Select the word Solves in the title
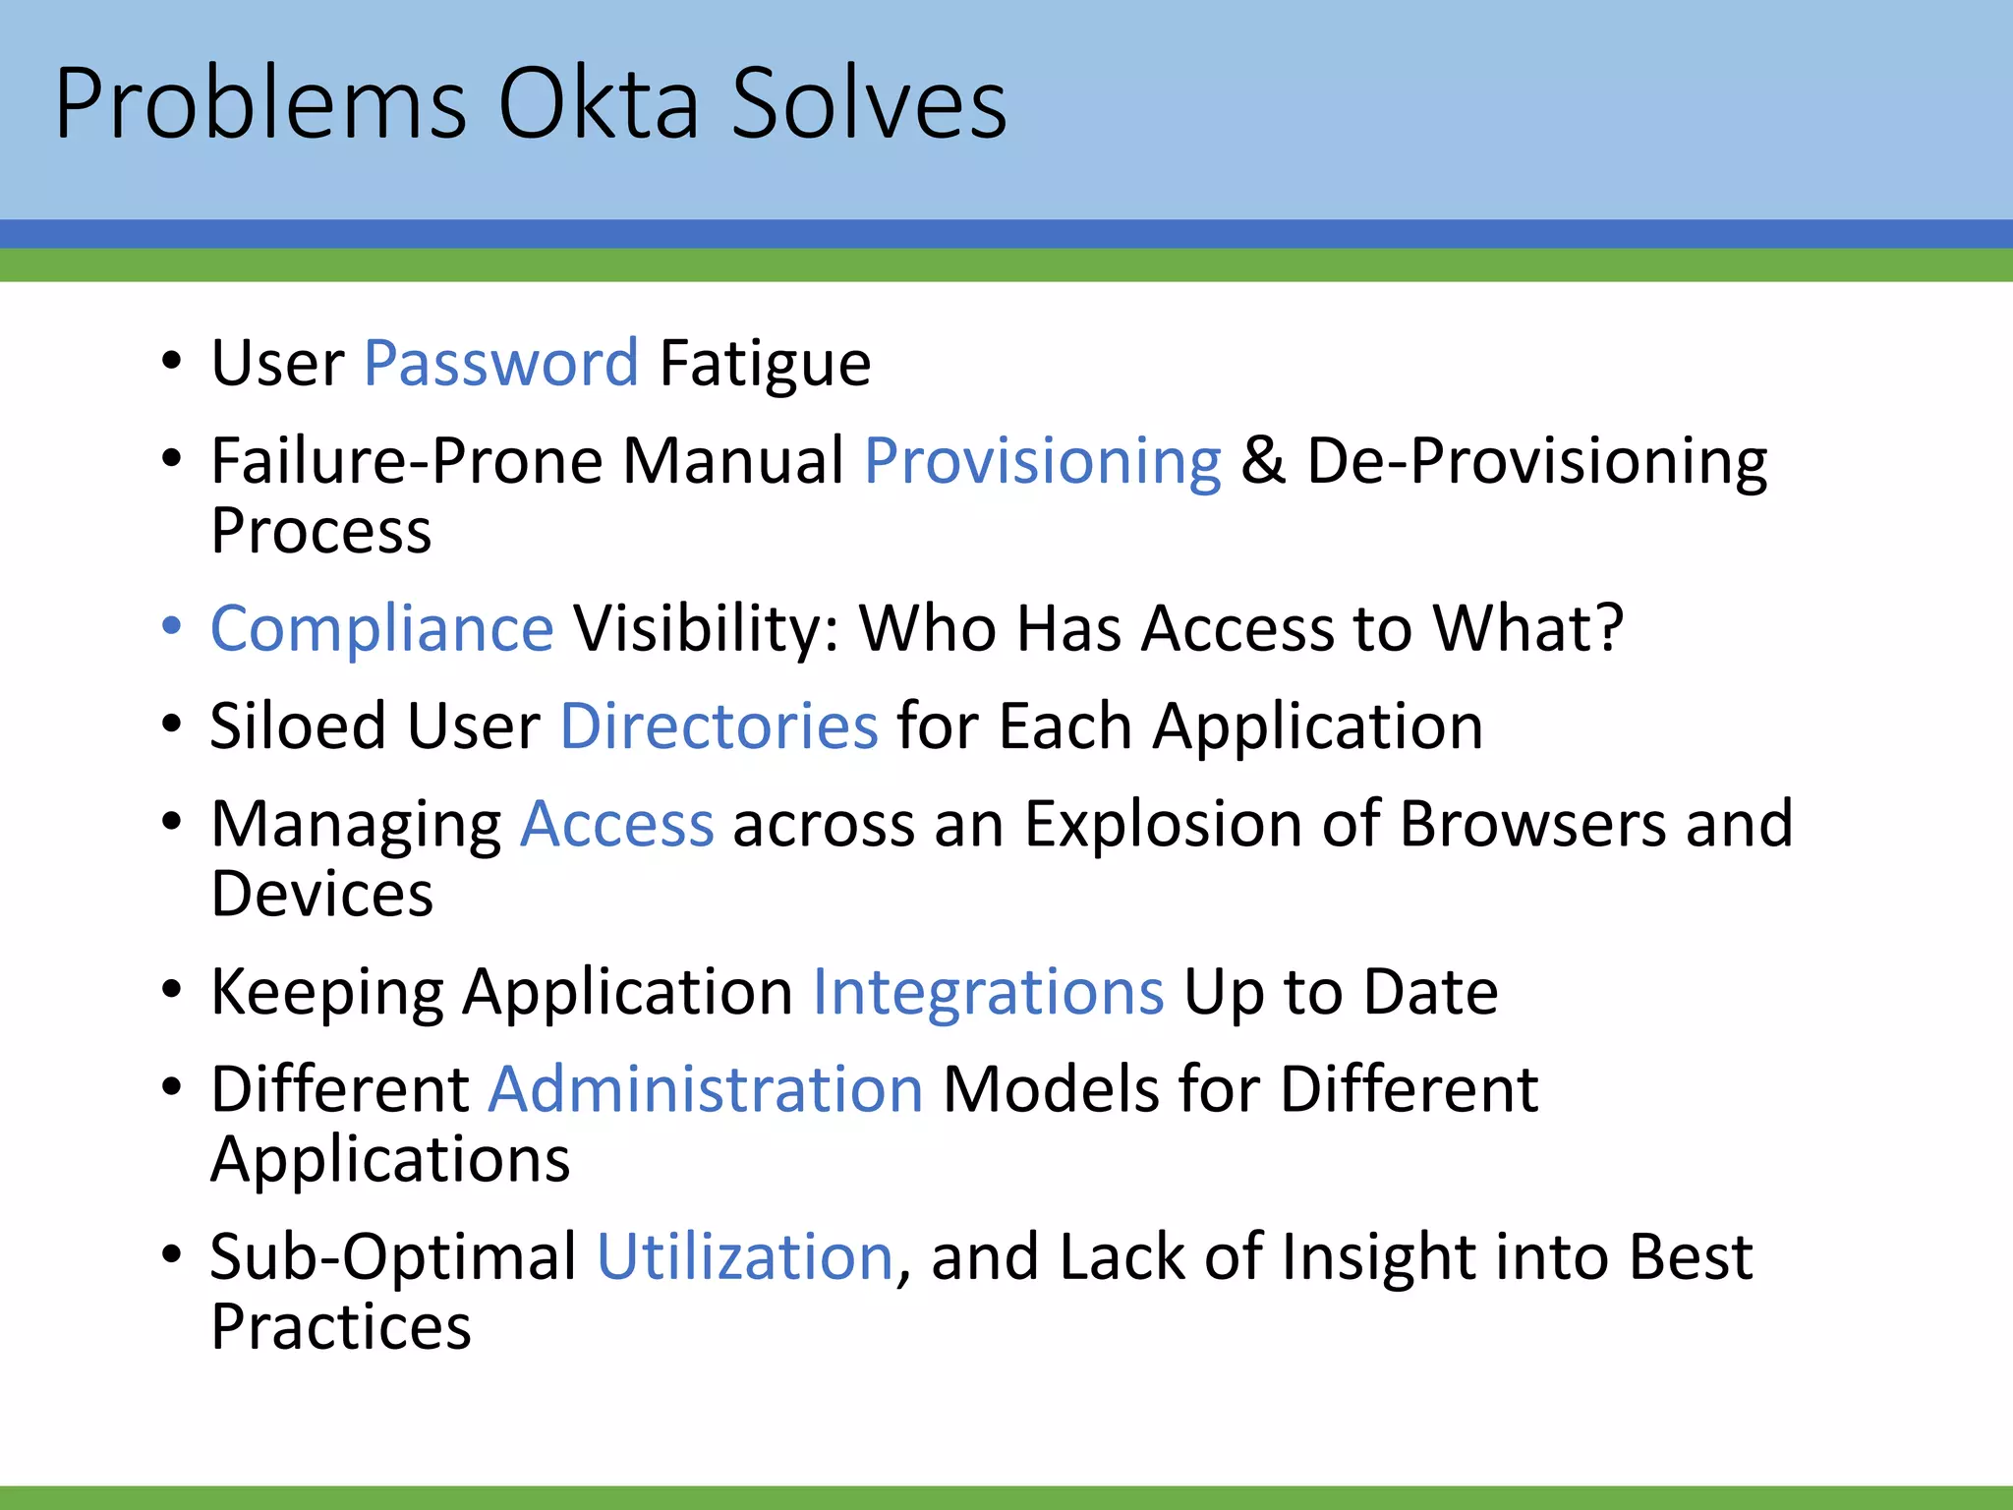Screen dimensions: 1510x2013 coord(869,104)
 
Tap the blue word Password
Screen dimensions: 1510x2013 coord(501,364)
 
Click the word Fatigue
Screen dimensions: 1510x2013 coord(765,364)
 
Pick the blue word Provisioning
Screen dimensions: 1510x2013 coord(1042,461)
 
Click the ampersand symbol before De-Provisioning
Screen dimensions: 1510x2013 coord(1263,461)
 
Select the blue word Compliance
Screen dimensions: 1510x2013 coord(382,628)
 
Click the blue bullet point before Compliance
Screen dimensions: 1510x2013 coord(172,626)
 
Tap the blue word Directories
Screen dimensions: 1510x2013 coord(719,726)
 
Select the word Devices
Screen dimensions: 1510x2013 coord(321,895)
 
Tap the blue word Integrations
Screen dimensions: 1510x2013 coord(988,992)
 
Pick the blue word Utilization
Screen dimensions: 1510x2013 coord(745,1257)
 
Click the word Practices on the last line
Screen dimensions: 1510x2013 coord(340,1327)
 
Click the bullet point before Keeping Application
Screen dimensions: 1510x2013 coord(172,990)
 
